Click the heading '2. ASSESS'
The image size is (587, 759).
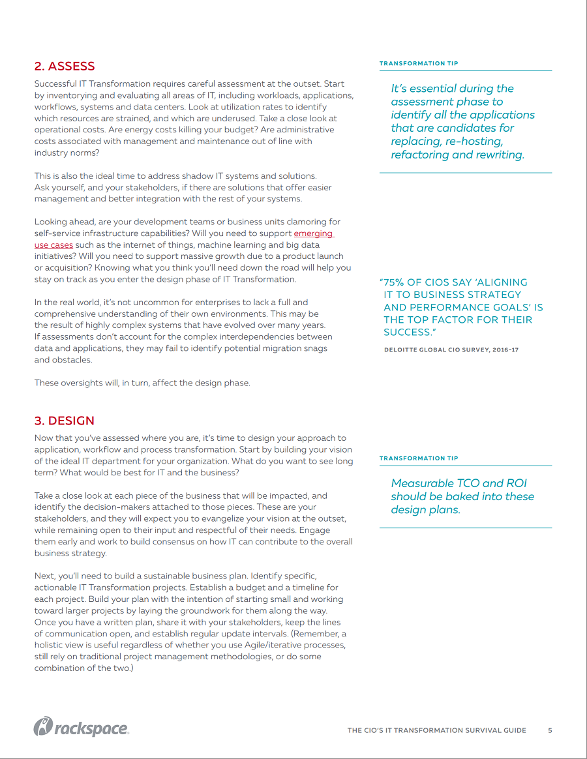65,67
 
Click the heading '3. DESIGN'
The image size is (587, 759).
65,421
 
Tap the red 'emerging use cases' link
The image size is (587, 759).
313,233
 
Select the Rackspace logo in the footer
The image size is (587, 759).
81,728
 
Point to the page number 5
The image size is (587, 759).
550,730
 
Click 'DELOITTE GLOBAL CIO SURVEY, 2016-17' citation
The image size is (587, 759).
451,350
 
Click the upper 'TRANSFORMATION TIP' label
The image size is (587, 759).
419,64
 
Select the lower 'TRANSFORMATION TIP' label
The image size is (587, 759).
419,458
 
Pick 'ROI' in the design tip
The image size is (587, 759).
513,483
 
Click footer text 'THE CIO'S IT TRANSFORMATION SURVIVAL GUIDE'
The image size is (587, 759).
436,730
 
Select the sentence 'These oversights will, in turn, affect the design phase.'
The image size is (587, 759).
142,383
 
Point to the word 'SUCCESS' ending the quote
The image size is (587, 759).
406,333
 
